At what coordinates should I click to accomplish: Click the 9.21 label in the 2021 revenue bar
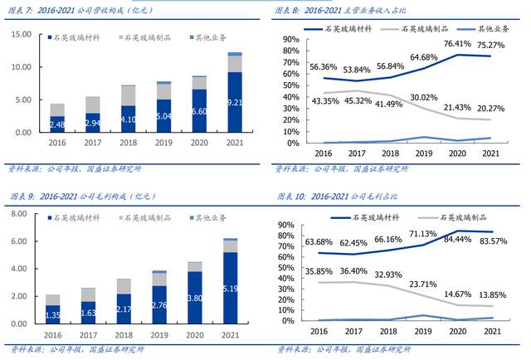(x=236, y=102)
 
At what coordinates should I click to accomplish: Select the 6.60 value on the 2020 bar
(x=199, y=111)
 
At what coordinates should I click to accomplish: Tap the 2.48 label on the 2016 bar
(x=56, y=124)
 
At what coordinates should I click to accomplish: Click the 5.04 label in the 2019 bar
(x=163, y=115)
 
